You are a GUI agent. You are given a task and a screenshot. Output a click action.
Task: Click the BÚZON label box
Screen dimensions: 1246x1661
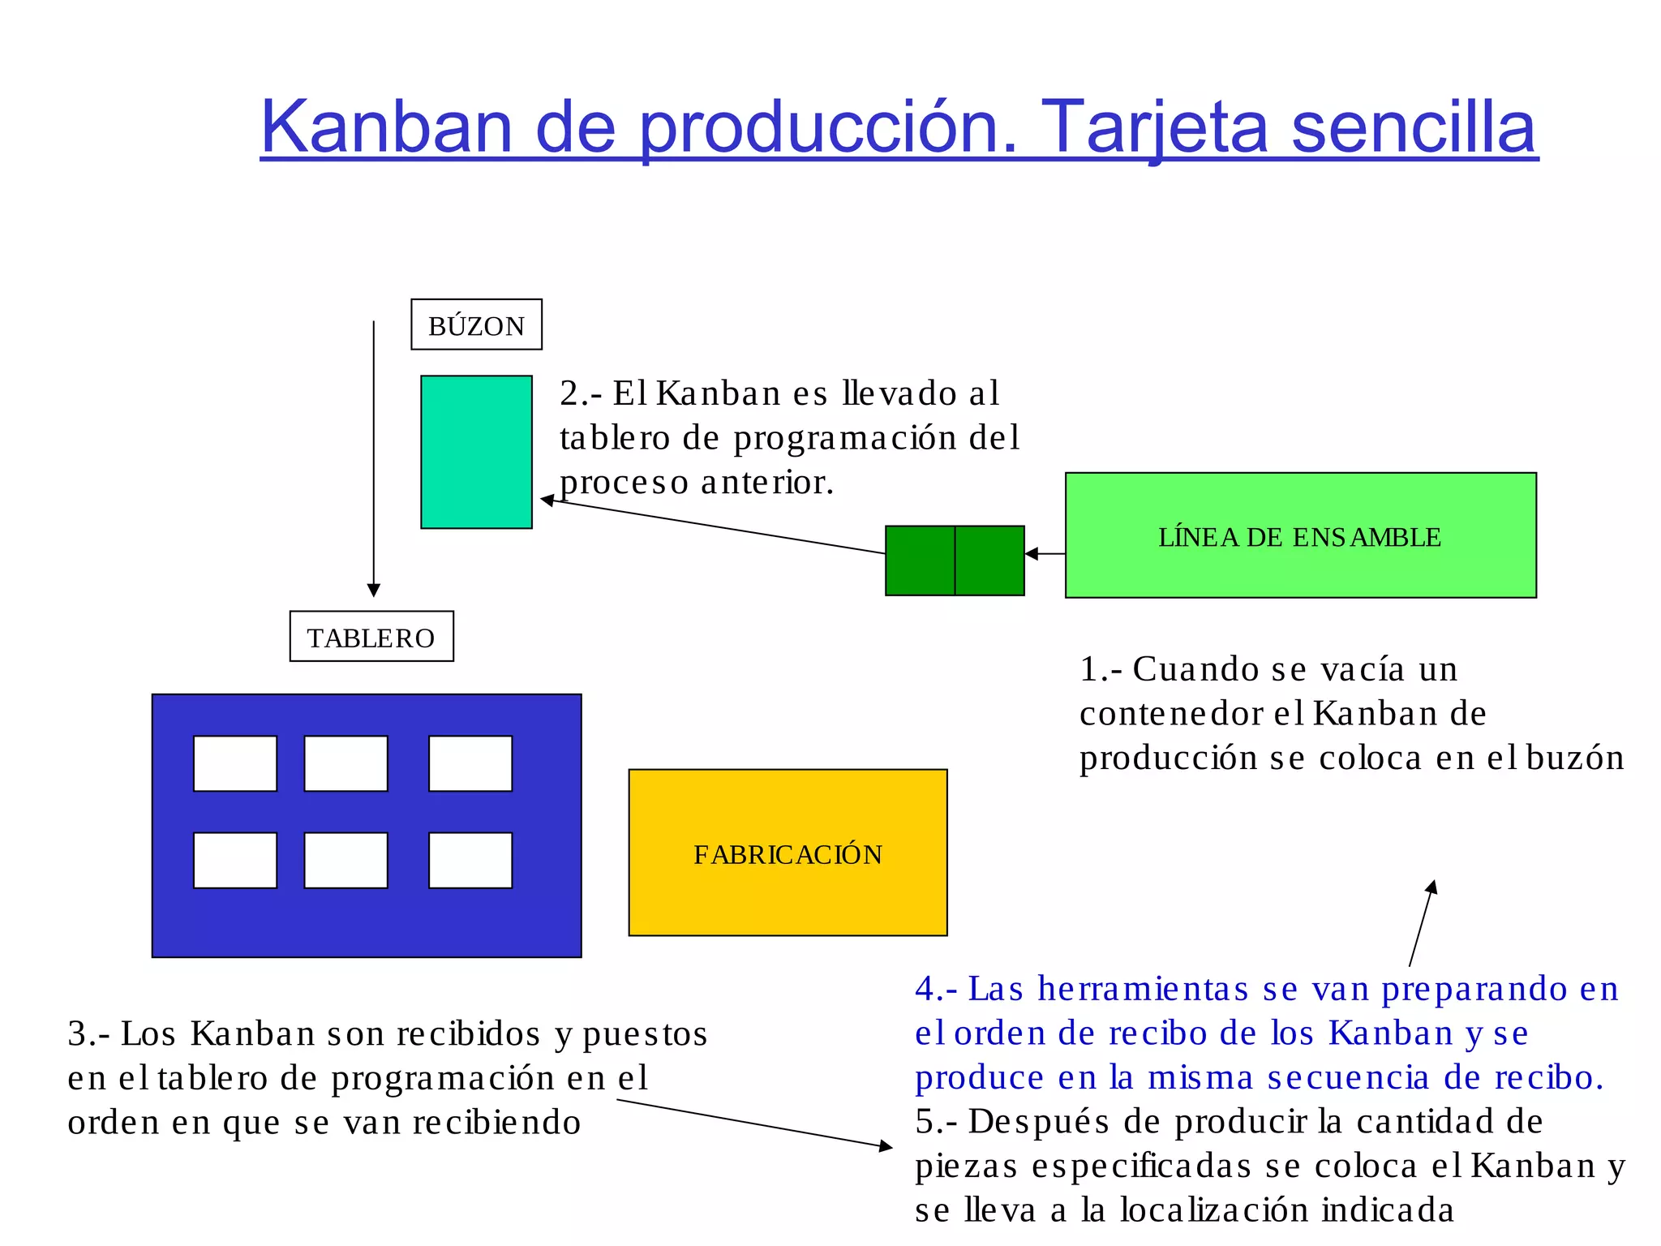pos(476,324)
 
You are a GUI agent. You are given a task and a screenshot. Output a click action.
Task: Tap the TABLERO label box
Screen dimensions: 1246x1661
pos(371,637)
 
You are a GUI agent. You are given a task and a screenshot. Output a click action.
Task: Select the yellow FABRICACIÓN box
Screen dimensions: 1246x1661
pos(788,853)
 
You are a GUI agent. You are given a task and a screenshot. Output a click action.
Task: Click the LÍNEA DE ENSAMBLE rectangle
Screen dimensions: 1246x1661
pos(1300,535)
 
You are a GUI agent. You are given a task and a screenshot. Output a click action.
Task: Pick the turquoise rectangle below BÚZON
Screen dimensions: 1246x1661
pos(476,452)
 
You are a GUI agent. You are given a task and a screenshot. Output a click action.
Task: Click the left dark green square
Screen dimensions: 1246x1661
pos(920,561)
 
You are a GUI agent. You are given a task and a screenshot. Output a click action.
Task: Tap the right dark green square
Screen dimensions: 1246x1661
pos(989,561)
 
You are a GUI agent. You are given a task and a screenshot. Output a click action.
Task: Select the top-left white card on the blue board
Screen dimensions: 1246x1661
pos(235,763)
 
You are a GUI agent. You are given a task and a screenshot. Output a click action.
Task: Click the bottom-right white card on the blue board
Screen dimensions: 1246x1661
pos(470,860)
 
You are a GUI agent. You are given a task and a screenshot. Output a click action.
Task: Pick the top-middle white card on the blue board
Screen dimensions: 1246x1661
pos(346,763)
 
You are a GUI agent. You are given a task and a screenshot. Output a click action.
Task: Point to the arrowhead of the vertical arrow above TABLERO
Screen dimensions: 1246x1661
pos(374,590)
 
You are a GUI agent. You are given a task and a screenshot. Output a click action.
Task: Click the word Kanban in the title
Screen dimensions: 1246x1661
pos(386,127)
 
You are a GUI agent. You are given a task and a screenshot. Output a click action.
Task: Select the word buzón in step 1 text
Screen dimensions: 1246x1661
pos(1575,758)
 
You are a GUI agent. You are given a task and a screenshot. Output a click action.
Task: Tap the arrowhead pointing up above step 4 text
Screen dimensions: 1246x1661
pos(1432,887)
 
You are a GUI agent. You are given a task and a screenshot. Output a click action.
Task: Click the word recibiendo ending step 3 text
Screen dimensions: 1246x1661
pos(496,1123)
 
